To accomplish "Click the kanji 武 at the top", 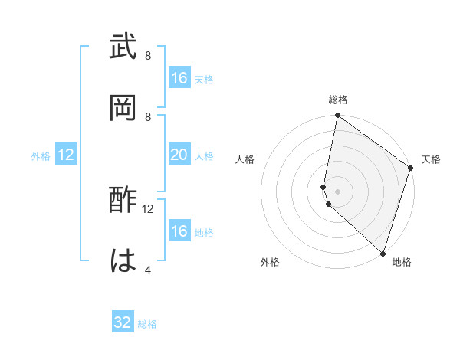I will [x=124, y=47].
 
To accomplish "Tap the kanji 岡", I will [x=124, y=106].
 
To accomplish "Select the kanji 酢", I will [x=124, y=201].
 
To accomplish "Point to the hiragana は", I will [x=124, y=261].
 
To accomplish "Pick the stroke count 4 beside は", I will [x=147, y=270].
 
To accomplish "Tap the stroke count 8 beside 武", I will [x=147, y=56].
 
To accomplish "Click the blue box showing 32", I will [x=123, y=322].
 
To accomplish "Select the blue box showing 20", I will [x=179, y=155].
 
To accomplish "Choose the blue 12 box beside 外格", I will [x=66, y=155].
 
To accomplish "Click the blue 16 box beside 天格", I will [x=179, y=78].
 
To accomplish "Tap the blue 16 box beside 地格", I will [x=179, y=231].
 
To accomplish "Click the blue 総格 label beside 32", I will [x=147, y=324].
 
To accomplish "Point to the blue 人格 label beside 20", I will [x=204, y=155].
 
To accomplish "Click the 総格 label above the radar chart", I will [x=338, y=100].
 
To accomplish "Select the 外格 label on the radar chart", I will [x=270, y=262].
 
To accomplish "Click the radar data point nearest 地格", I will [x=382, y=254].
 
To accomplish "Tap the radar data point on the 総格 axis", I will [x=338, y=116].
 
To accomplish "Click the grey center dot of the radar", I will [x=338, y=191].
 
